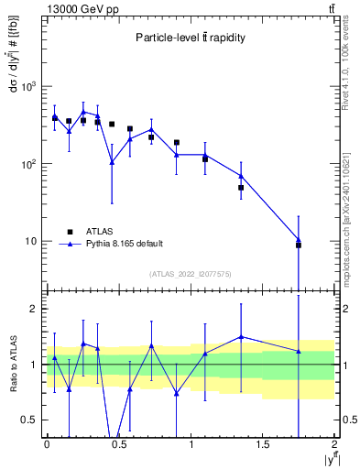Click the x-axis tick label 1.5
[263, 444]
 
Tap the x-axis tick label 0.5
[118, 444]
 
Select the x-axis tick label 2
[335, 444]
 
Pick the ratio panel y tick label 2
[36, 309]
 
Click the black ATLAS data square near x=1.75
[299, 245]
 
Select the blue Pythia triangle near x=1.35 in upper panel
[241, 176]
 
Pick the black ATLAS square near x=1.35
[241, 188]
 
